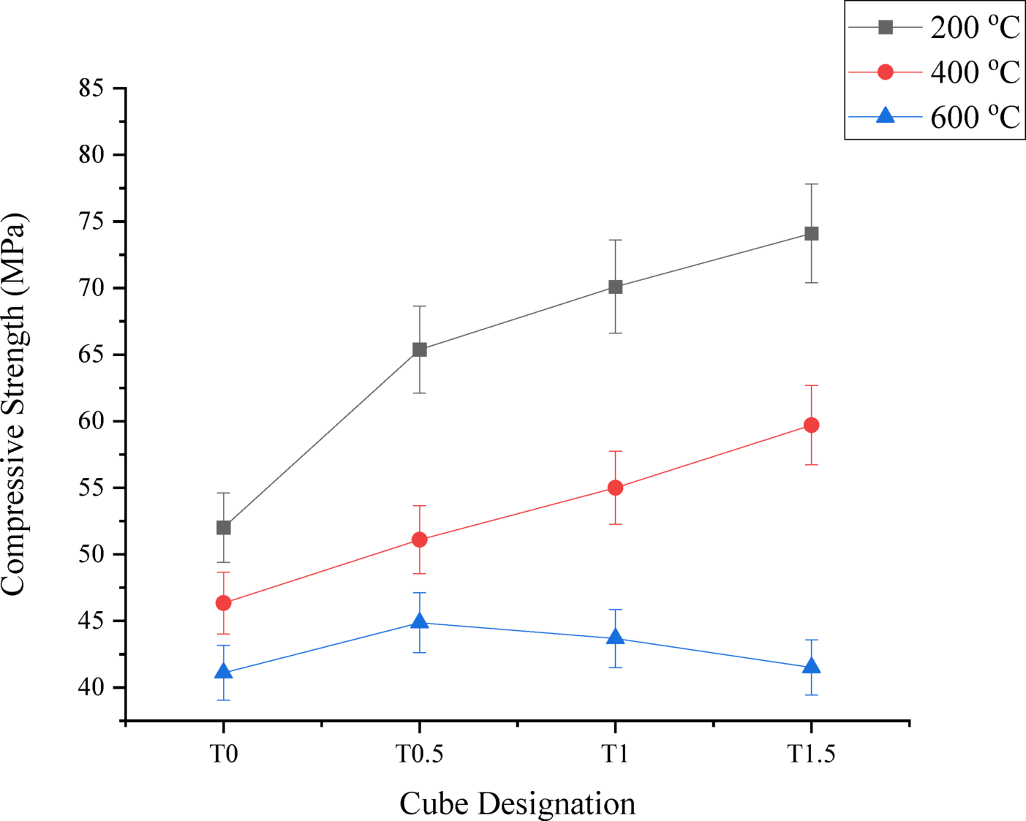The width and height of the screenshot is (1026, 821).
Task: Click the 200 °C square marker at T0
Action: (224, 527)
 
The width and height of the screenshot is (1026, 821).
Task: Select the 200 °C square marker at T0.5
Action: (420, 349)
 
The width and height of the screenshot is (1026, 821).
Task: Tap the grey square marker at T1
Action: (615, 287)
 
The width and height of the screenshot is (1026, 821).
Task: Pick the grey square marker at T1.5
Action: (811, 233)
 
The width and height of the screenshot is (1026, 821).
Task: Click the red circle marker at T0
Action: (224, 603)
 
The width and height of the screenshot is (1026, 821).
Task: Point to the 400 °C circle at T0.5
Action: (420, 540)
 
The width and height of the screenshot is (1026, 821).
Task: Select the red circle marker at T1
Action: (615, 488)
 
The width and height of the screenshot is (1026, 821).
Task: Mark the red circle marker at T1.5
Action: (811, 425)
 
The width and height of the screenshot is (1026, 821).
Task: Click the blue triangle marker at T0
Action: (224, 671)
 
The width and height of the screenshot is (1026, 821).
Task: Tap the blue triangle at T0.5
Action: (420, 621)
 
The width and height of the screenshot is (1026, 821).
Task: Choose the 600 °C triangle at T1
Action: (615, 637)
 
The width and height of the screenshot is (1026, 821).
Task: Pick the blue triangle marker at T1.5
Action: (811, 666)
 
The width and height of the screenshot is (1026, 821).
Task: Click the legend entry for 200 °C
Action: (974, 28)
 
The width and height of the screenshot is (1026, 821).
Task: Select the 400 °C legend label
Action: (974, 72)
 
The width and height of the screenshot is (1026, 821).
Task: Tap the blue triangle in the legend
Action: (886, 116)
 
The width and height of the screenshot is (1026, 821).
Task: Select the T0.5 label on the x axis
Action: (420, 754)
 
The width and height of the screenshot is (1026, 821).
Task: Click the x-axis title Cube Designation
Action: (517, 803)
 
